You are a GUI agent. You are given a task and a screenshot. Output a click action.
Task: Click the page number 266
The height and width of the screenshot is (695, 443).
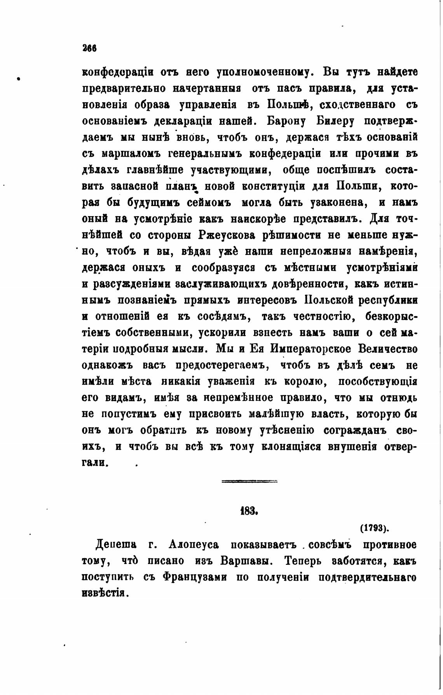[x=89, y=48]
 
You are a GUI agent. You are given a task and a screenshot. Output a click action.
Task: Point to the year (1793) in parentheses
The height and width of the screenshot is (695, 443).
[x=375, y=529]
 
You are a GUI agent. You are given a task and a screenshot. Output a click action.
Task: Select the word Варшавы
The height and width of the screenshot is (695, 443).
[x=244, y=561]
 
